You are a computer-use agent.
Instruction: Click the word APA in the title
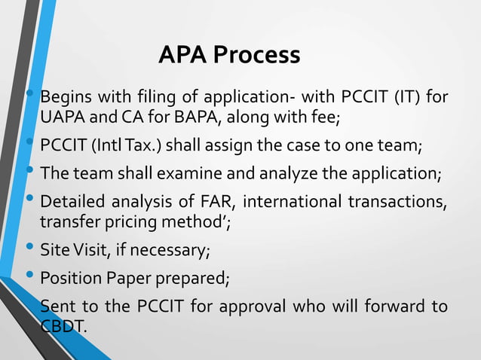pyautogui.click(x=183, y=55)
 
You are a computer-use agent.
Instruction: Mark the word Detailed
pyautogui.click(x=72, y=201)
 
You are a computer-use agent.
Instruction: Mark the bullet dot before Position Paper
pyautogui.click(x=29, y=274)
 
